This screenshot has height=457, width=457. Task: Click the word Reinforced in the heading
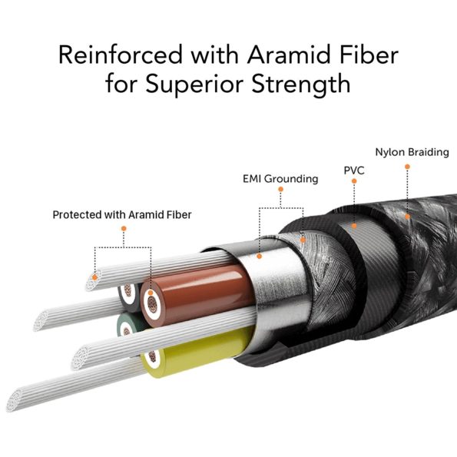tap(121, 55)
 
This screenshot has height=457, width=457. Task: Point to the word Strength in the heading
tap(301, 84)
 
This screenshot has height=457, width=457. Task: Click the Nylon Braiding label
tap(412, 152)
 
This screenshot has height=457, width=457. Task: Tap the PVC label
tap(354, 171)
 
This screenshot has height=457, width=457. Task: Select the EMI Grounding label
tap(280, 179)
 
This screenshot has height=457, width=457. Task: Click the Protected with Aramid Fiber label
tap(122, 215)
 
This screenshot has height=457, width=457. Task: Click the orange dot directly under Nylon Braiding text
tap(407, 167)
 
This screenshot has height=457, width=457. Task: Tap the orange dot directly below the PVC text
tap(354, 181)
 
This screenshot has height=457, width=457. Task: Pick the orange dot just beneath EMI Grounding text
tap(280, 189)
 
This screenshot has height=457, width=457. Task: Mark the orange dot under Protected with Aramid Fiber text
tap(124, 229)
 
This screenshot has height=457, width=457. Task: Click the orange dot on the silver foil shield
tap(259, 257)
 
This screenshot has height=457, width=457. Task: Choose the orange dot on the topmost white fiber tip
tap(94, 277)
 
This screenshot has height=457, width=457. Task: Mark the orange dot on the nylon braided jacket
tap(407, 217)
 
